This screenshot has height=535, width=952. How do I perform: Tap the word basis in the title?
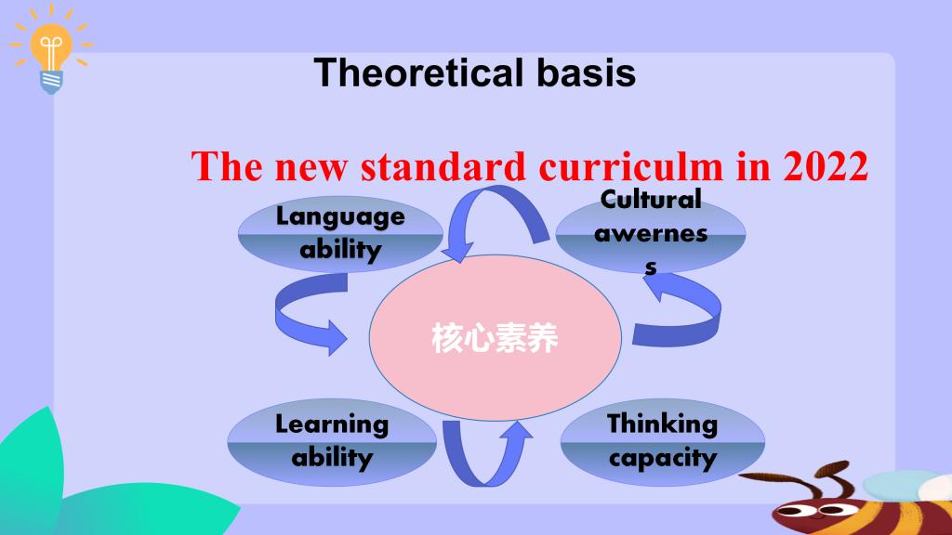pos(586,72)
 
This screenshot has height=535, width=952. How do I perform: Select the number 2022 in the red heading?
pos(826,166)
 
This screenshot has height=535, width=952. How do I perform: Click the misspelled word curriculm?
pos(631,166)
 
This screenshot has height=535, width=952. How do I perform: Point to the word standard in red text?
pos(443,166)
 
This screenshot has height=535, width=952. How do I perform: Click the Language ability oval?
pos(340,234)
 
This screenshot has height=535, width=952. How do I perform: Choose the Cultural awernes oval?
pos(651,235)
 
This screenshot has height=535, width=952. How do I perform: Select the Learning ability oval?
pos(332,442)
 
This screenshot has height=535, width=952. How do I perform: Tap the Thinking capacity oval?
pos(662,442)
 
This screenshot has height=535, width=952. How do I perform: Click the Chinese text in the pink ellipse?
pos(495,338)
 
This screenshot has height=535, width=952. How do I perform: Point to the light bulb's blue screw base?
pos(51,82)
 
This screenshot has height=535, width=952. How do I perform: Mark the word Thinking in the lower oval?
pos(662,424)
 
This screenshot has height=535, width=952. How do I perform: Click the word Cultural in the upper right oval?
pos(651,200)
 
